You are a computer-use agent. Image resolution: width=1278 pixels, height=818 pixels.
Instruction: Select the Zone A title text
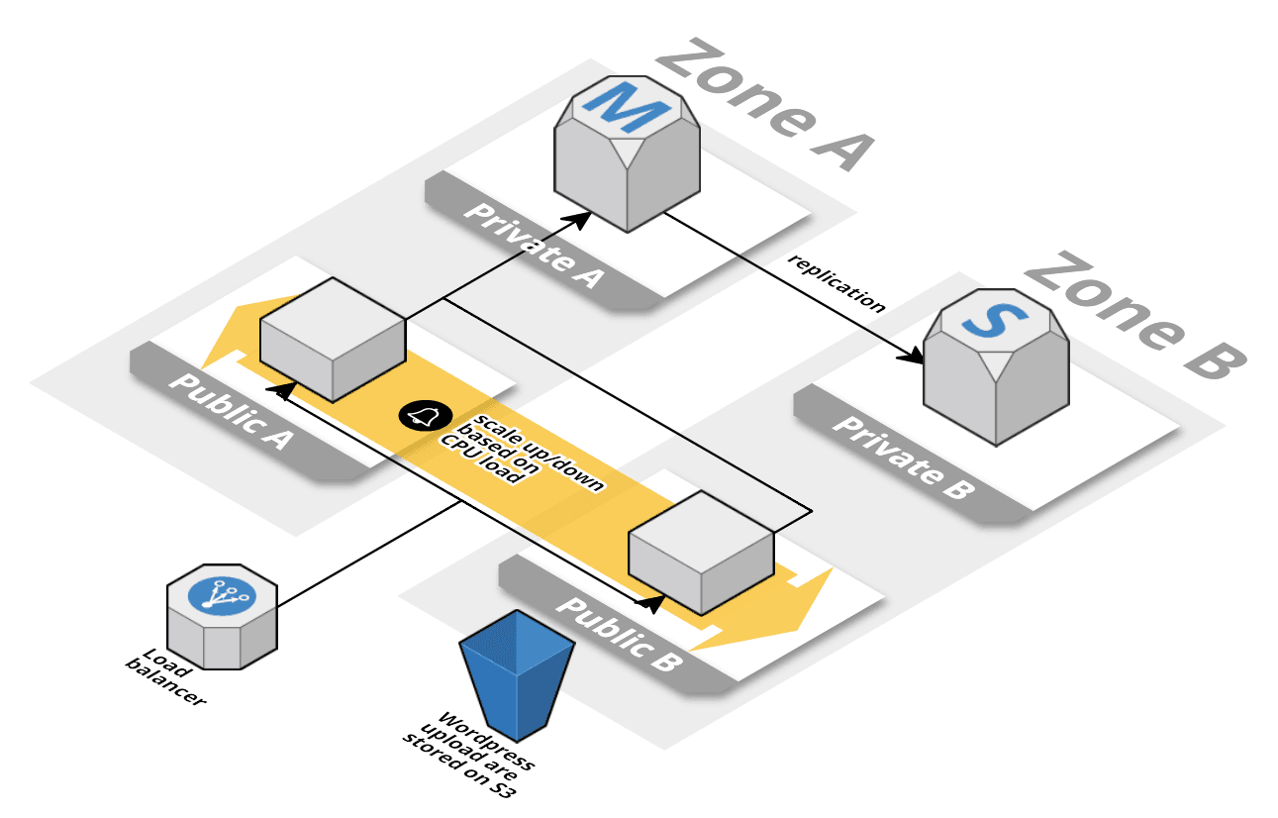coord(763,105)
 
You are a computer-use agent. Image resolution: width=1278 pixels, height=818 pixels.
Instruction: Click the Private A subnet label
coord(535,243)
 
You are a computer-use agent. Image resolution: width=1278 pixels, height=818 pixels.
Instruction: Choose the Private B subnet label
coord(902,455)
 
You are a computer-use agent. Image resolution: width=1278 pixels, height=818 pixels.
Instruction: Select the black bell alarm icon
coord(420,417)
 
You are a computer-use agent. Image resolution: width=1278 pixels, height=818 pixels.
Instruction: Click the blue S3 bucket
coord(517,674)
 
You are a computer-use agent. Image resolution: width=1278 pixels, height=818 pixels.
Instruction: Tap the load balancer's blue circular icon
coord(222,595)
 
